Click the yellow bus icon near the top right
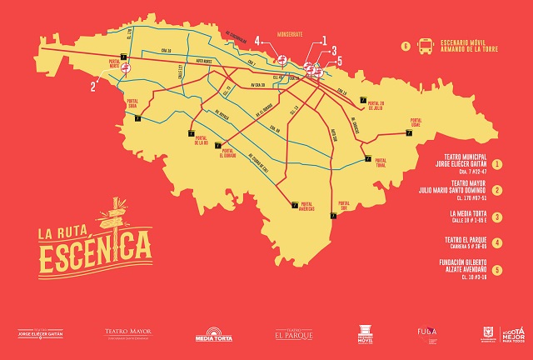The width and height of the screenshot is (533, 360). (426, 46)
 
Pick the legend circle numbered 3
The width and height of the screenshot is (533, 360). (497, 217)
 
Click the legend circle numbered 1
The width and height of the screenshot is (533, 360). (497, 164)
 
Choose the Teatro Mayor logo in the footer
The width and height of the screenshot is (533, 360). (128, 332)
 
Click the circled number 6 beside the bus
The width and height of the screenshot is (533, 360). (406, 46)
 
